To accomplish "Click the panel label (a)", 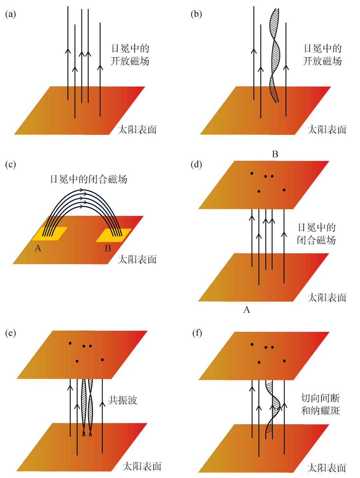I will click(11, 14).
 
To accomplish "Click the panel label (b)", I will click(196, 14).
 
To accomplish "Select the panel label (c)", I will click(11, 165).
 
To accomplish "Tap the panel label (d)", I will click(196, 165).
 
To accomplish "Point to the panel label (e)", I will click(11, 333).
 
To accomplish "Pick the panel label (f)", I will click(197, 333).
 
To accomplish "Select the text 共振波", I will click(123, 400).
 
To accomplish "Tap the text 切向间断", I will click(320, 398).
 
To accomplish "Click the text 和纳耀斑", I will click(320, 410).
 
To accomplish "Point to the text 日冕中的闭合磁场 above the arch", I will click(89, 179).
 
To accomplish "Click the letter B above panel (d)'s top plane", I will click(275, 154).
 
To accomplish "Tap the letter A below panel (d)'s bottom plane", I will click(247, 310).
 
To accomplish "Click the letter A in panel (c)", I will click(38, 248).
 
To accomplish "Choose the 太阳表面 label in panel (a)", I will click(137, 130).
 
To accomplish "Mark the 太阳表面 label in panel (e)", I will click(142, 466).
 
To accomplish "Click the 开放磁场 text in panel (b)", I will click(322, 61).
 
